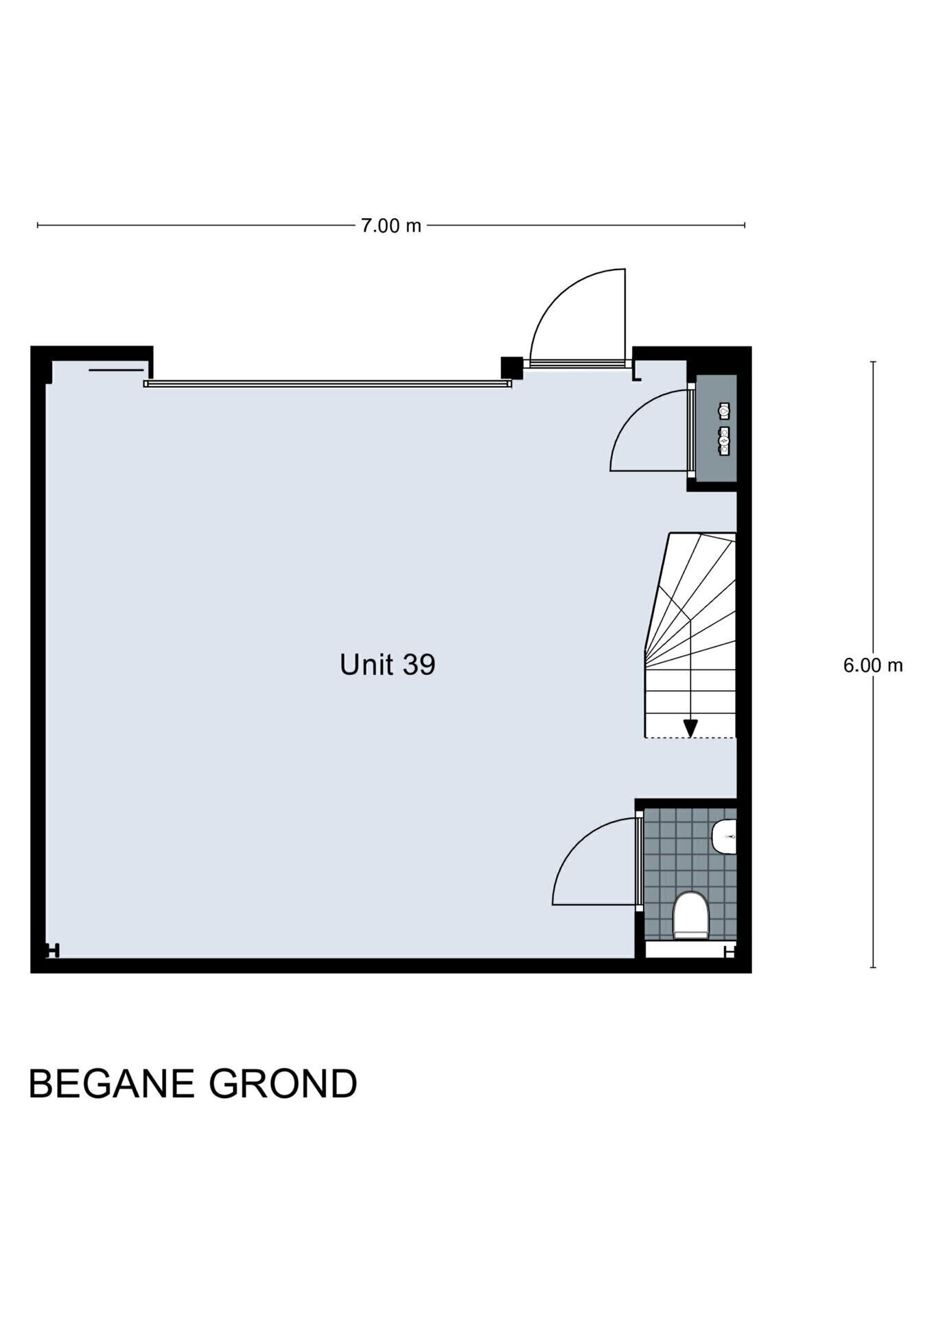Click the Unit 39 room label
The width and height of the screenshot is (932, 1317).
pyautogui.click(x=387, y=665)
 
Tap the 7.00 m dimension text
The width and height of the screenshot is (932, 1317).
pyautogui.click(x=391, y=226)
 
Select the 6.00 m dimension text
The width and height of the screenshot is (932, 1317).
pyautogui.click(x=873, y=665)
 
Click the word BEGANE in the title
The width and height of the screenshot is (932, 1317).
pyautogui.click(x=110, y=1084)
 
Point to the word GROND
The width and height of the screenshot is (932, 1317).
pyautogui.click(x=283, y=1084)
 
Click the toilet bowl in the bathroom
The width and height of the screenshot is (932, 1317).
pyautogui.click(x=689, y=915)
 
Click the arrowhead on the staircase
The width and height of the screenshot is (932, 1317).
pyautogui.click(x=690, y=728)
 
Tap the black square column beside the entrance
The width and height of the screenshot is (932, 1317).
pyautogui.click(x=511, y=367)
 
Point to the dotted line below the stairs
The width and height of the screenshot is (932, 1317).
pyautogui.click(x=690, y=738)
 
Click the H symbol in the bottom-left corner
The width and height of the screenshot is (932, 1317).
pyautogui.click(x=52, y=951)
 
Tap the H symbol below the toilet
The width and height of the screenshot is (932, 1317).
pyautogui.click(x=730, y=951)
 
